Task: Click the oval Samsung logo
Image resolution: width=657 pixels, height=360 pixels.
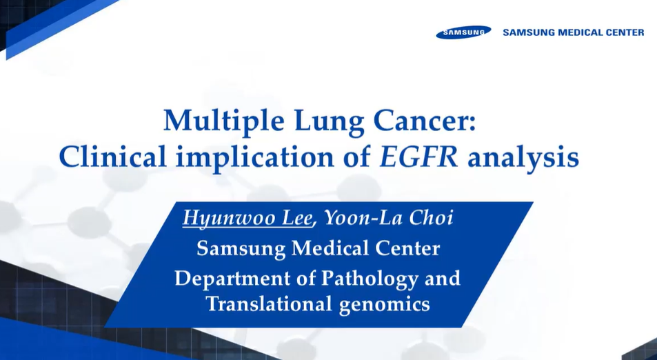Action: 463,32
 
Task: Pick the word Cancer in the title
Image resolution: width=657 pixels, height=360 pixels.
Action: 421,121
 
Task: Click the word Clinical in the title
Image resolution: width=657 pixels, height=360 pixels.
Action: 112,157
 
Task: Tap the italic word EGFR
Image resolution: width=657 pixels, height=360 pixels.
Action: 418,157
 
